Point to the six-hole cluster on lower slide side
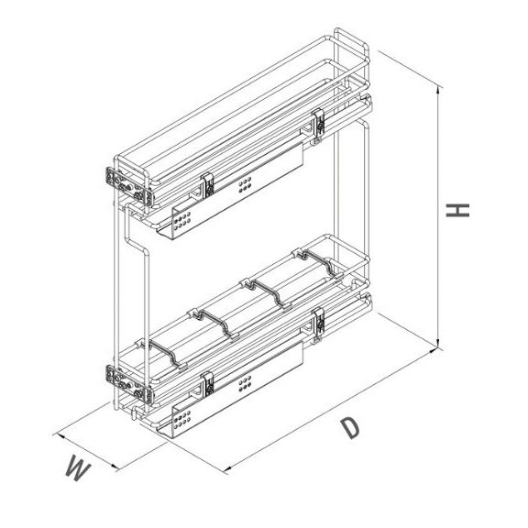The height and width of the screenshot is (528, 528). (244, 386)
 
